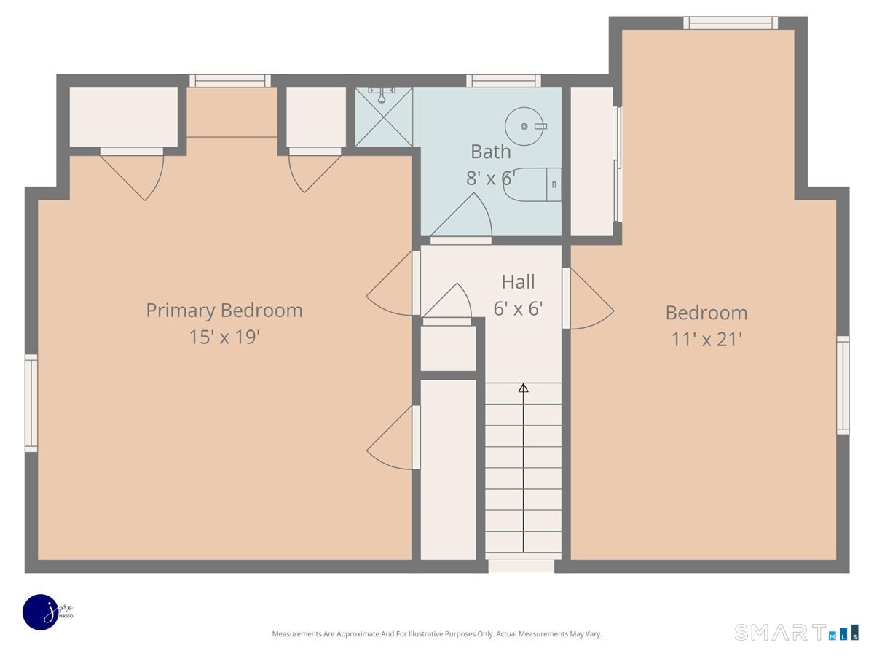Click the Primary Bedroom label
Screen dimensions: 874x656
(x=224, y=311)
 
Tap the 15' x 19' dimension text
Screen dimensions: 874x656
(x=224, y=337)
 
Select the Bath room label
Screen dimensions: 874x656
(x=491, y=152)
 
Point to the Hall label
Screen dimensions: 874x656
(x=518, y=282)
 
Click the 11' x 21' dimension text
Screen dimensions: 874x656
(x=706, y=340)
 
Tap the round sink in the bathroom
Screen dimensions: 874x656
(x=525, y=126)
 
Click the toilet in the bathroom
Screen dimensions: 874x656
(x=532, y=185)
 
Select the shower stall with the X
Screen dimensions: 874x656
(x=384, y=117)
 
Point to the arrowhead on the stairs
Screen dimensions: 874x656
(x=523, y=388)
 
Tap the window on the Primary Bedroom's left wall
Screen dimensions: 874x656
(x=31, y=403)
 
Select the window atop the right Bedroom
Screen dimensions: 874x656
(x=731, y=23)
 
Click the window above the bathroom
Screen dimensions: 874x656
(x=503, y=81)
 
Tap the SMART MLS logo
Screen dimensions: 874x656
(x=796, y=632)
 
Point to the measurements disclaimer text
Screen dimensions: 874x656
(x=437, y=633)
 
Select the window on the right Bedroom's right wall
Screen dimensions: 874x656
(x=843, y=386)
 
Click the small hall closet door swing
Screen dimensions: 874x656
(x=447, y=300)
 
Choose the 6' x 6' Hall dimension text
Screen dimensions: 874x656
(x=518, y=308)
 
